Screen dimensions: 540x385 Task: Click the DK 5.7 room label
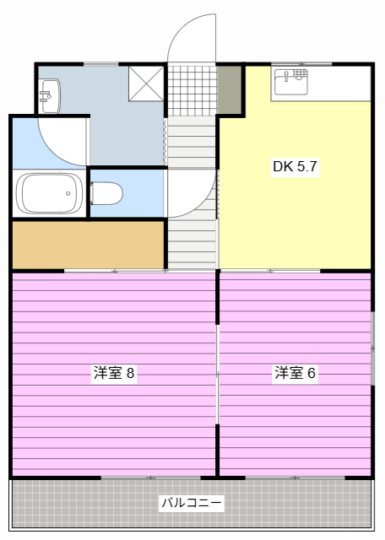click(x=294, y=166)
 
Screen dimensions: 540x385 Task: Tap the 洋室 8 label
click(x=114, y=373)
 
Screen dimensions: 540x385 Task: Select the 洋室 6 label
click(x=295, y=373)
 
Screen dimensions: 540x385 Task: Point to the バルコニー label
click(x=192, y=504)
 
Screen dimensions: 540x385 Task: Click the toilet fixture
click(x=106, y=193)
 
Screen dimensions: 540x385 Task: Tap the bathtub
click(x=49, y=193)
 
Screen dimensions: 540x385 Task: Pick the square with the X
click(x=145, y=82)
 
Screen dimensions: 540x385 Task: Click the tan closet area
click(x=88, y=244)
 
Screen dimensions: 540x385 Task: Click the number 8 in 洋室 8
click(x=131, y=373)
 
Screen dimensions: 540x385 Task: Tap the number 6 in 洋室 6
click(x=312, y=373)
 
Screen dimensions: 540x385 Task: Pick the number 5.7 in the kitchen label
click(x=306, y=166)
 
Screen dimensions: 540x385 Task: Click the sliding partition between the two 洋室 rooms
click(x=218, y=371)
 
